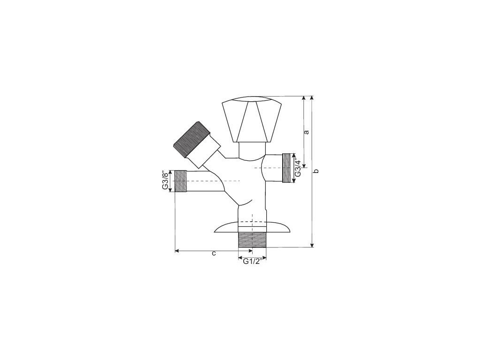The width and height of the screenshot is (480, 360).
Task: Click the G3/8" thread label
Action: pos(165,180)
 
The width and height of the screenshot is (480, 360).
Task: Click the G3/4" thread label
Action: pos(298,168)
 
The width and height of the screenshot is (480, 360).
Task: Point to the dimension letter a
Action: pos(306,132)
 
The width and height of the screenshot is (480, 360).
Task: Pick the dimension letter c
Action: pos(214,254)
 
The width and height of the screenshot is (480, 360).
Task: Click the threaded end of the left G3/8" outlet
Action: pos(180,181)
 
